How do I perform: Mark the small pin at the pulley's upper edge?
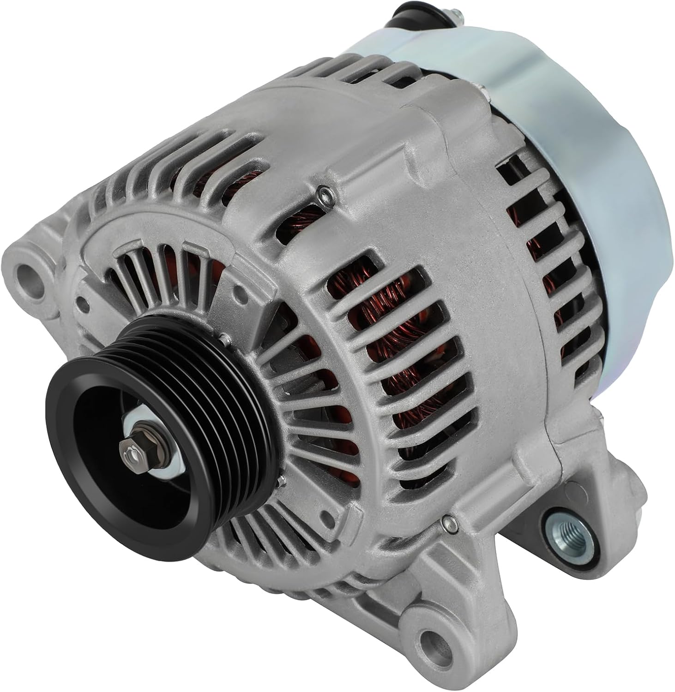[x=224, y=339]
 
